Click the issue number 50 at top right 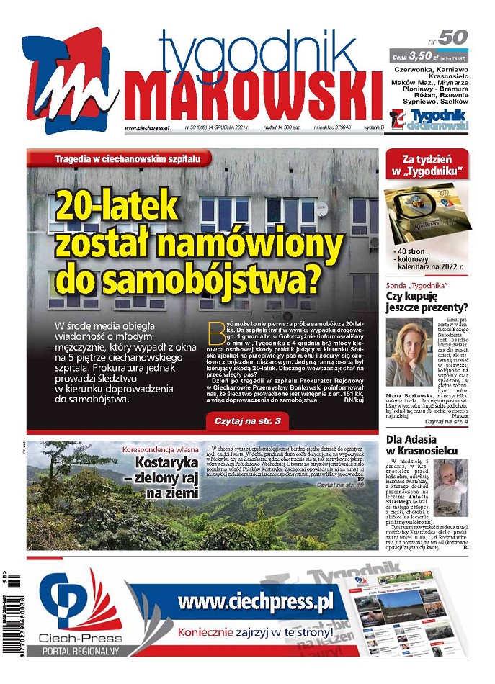pyautogui.click(x=452, y=37)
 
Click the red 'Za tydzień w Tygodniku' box pyautogui.click(x=427, y=165)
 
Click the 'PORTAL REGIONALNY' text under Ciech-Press pyautogui.click(x=80, y=650)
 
